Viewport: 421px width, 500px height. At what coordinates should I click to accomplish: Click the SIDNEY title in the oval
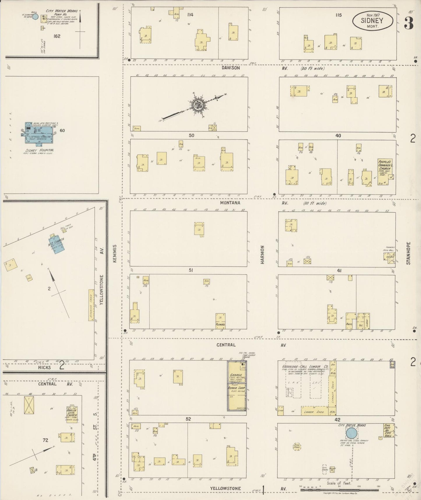tap(372, 20)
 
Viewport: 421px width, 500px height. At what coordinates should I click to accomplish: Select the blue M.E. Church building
tap(56, 242)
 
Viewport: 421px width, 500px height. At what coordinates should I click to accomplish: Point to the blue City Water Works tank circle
tap(351, 433)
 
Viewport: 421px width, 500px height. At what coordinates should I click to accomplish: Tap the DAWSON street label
tap(230, 68)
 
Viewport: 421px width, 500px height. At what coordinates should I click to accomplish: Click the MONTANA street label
tap(230, 203)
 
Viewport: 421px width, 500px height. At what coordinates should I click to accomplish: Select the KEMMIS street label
tap(115, 253)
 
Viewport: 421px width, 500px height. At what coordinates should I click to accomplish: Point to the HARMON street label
tap(263, 255)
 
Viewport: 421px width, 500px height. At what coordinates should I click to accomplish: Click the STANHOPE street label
tap(408, 253)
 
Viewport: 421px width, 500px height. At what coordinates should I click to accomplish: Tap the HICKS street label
tap(44, 367)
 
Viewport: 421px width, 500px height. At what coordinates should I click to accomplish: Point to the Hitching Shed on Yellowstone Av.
tap(91, 305)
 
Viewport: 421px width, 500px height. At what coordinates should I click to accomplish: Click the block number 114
tap(190, 15)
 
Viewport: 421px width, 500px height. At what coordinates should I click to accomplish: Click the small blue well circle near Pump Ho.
tap(35, 17)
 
